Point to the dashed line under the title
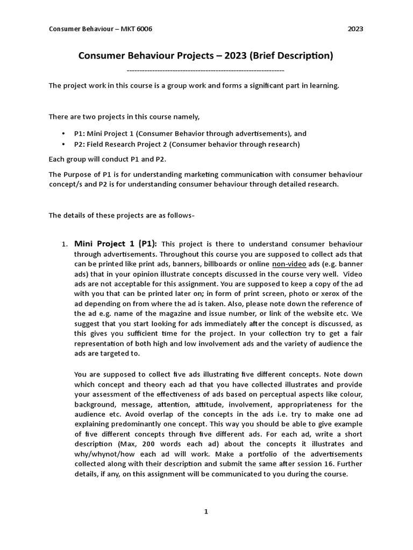tap(205, 70)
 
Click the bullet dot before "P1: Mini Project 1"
tap(64, 134)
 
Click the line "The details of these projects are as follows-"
tap(122, 215)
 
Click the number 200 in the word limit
tap(161, 444)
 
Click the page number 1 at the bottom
tap(205, 512)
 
